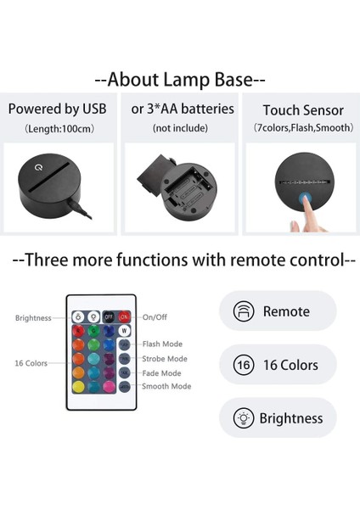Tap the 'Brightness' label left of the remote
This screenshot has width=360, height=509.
[33, 317]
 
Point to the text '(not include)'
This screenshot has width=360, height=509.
[179, 127]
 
